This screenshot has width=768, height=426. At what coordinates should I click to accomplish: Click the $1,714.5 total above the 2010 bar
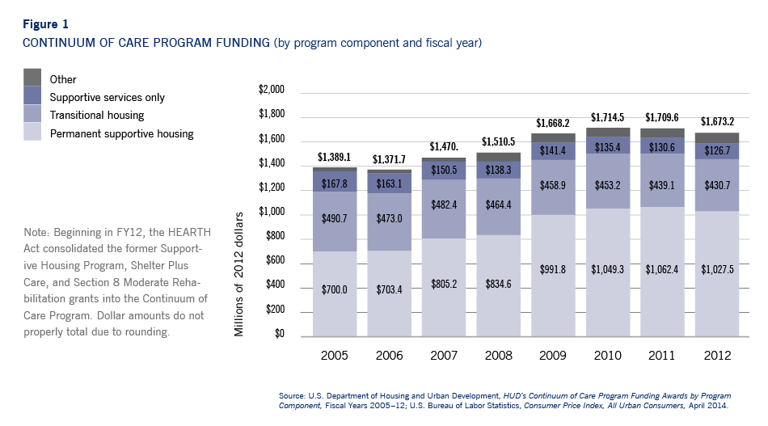[x=608, y=118]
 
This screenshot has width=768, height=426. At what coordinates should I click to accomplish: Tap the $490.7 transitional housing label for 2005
[x=334, y=220]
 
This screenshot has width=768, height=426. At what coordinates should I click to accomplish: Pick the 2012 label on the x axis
[x=717, y=355]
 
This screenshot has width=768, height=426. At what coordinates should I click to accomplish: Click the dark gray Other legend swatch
[x=32, y=78]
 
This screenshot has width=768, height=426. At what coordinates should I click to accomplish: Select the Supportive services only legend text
[x=108, y=97]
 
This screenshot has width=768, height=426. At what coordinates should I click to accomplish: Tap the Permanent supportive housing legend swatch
[x=32, y=132]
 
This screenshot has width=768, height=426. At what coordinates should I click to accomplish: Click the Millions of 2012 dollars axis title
[x=240, y=274]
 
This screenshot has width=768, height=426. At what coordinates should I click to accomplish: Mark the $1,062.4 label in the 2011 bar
[x=662, y=268]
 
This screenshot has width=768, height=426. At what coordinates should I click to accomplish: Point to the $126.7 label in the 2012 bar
[x=717, y=150]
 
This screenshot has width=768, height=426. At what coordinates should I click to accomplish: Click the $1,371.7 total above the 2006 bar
[x=389, y=160]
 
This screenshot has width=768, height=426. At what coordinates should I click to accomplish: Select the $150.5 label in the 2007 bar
[x=444, y=170]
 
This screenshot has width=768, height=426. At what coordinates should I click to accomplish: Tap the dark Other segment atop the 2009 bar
[x=553, y=138]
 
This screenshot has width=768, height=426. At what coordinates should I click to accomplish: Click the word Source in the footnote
[x=292, y=395]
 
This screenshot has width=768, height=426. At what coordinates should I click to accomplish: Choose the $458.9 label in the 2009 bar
[x=553, y=185]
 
